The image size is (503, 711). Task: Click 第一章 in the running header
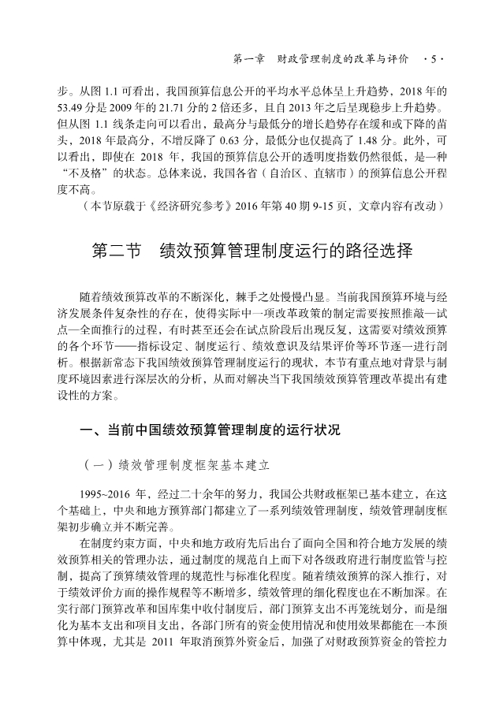tap(251, 59)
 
